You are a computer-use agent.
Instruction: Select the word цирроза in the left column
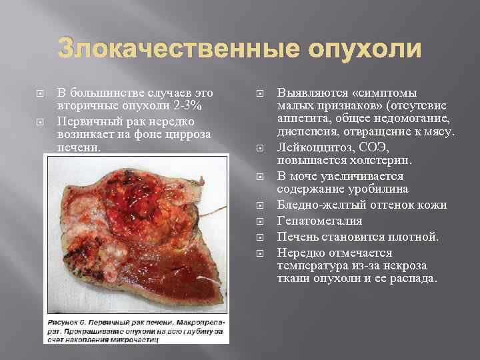click(188, 133)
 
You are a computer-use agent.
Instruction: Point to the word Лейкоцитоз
click(311, 147)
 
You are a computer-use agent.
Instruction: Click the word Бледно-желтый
click(318, 205)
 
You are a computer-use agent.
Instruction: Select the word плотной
click(417, 237)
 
